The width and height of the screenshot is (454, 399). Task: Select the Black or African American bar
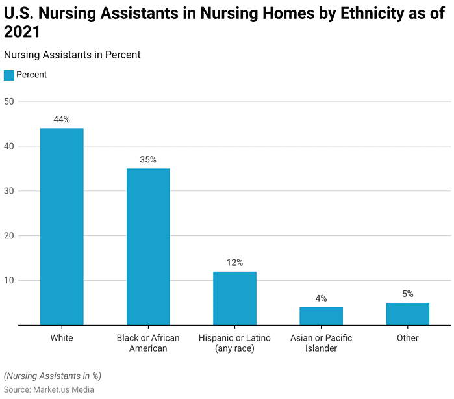tap(148, 246)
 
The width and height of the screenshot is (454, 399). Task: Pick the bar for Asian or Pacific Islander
tap(321, 316)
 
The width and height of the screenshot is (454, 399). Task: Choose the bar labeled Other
tap(407, 313)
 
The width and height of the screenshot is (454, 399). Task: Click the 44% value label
tap(62, 120)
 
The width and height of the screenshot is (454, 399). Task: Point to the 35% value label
tap(148, 160)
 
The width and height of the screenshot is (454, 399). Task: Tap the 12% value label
tap(234, 263)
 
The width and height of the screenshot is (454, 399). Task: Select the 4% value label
tap(321, 298)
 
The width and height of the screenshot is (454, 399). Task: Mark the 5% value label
tap(407, 294)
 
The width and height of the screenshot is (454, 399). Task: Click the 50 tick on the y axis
tap(9, 102)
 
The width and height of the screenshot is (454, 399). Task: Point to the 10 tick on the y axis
tap(9, 281)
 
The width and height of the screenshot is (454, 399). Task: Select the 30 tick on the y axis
tap(9, 191)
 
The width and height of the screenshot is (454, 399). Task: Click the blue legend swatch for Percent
tap(8, 75)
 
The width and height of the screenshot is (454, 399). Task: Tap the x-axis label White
tap(62, 338)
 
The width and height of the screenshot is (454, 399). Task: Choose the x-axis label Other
tap(407, 338)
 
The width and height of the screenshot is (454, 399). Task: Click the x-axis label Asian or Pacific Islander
tap(321, 343)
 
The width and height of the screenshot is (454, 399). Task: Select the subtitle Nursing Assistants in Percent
tap(72, 55)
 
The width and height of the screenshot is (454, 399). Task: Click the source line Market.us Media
tap(49, 389)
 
